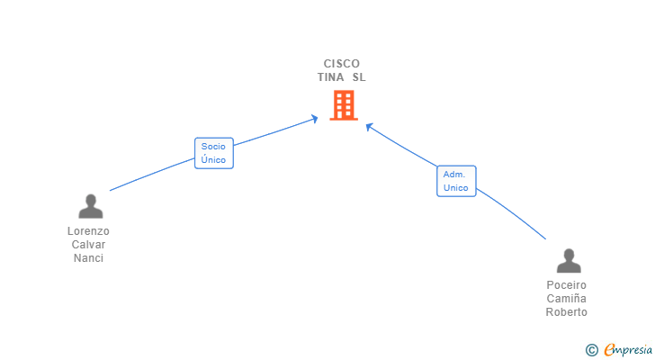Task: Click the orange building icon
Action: tap(343, 105)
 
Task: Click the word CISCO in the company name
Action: tap(342, 64)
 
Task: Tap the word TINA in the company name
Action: tap(330, 77)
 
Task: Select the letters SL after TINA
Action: tap(359, 77)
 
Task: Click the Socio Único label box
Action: tap(214, 153)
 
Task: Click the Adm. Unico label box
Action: tap(456, 181)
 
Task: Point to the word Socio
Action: tap(214, 147)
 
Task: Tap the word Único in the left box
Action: tap(214, 160)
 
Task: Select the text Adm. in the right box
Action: tap(454, 174)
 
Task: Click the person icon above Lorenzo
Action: tap(90, 207)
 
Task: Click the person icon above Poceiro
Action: tap(569, 261)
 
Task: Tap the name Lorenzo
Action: tap(89, 231)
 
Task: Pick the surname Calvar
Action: tap(89, 245)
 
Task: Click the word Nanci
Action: tap(89, 258)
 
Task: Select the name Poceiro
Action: tap(567, 285)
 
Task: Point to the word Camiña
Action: tap(567, 299)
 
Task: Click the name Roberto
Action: tap(567, 312)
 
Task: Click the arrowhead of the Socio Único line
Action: tap(315, 118)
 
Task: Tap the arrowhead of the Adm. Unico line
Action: tap(369, 126)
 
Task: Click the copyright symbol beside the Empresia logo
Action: tap(591, 350)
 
